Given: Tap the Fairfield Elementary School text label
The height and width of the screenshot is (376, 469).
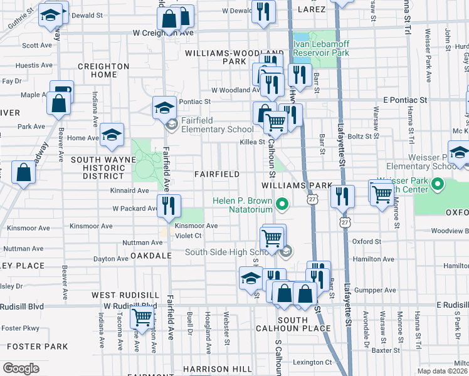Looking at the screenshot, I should [217, 124].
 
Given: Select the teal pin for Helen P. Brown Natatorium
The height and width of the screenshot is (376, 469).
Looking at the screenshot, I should [283, 204].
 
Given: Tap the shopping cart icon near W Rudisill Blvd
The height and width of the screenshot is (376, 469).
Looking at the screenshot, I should [142, 318].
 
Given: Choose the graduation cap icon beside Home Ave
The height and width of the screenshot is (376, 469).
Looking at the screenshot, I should [112, 135].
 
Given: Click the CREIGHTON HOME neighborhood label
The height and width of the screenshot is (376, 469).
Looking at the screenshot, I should [103, 71].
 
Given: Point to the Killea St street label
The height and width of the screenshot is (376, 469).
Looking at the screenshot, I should [252, 143].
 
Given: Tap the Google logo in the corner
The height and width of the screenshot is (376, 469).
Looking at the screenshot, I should [21, 368].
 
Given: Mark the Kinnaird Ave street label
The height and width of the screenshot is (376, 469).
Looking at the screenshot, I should [129, 191].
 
